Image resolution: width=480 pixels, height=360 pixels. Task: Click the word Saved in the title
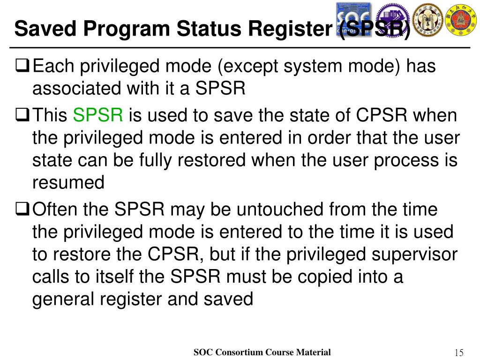pos(41,29)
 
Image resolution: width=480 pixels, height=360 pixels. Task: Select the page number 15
pos(459,352)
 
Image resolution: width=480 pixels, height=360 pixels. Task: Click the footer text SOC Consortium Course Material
pos(262,352)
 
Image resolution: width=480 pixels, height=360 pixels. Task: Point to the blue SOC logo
pos(353,19)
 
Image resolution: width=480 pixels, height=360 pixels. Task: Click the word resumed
pos(68,182)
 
